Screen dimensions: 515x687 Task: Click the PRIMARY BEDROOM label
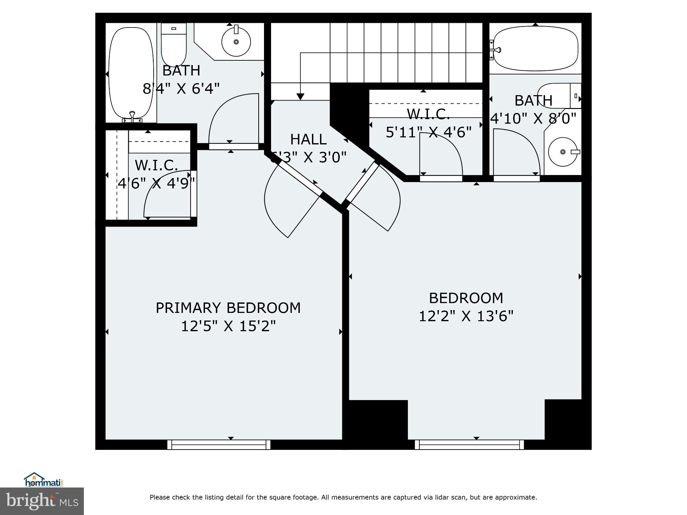228,308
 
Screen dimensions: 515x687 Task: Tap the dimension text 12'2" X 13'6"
466,316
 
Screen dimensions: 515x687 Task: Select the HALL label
308,139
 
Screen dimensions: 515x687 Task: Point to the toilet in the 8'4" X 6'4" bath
174,44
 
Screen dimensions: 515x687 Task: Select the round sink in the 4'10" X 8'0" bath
563,152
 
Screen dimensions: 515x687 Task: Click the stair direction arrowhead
300,97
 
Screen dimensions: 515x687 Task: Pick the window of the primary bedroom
219,445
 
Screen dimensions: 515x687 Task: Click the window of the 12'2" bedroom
469,445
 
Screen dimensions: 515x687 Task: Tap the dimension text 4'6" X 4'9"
156,183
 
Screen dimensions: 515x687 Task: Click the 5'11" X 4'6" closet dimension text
429,132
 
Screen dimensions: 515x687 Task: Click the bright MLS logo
42,501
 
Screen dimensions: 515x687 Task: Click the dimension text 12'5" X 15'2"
228,326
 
